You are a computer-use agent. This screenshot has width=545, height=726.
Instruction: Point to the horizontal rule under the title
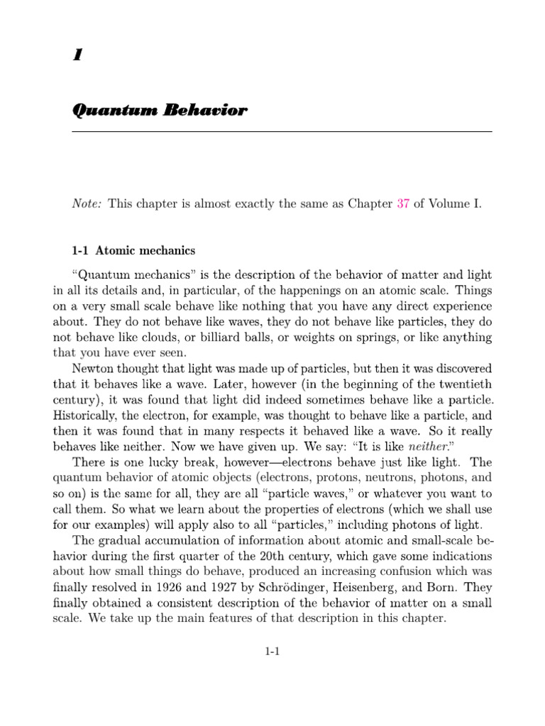point(282,132)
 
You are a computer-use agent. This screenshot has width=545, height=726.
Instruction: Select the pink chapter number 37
point(403,204)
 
